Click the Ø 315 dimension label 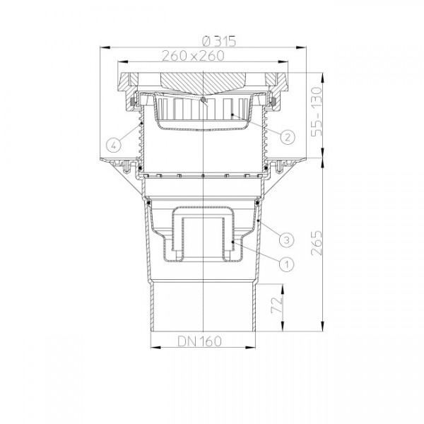coord(219,42)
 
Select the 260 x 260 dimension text coord(193,56)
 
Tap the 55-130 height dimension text coord(317,112)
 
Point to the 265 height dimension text coord(317,243)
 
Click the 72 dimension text coord(277,305)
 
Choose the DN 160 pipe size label coord(199,341)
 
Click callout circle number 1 coord(287,264)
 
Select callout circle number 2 coord(287,137)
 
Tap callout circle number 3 coord(287,240)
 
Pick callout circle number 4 coord(113,146)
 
